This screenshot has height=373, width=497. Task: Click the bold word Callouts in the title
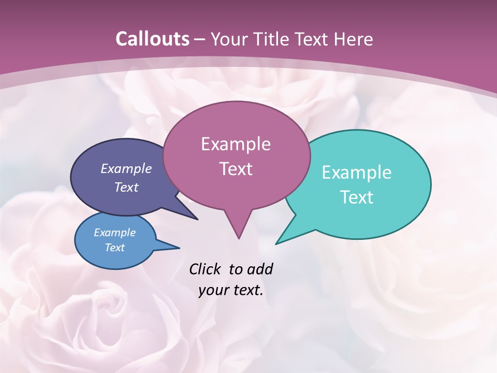tap(152, 39)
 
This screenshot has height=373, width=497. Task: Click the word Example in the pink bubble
tap(236, 144)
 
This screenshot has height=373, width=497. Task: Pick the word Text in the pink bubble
tap(236, 169)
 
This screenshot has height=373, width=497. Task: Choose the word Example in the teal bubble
tap(357, 173)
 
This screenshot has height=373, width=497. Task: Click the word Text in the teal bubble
tap(357, 197)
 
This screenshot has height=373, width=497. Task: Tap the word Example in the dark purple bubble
tap(126, 168)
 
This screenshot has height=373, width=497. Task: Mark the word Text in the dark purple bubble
tap(126, 187)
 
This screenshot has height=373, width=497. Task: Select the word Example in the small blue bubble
tap(115, 233)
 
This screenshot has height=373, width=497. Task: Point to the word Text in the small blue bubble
tap(115, 248)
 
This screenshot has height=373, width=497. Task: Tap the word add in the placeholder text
tap(260, 269)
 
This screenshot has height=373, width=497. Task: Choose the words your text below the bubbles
tap(231, 291)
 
